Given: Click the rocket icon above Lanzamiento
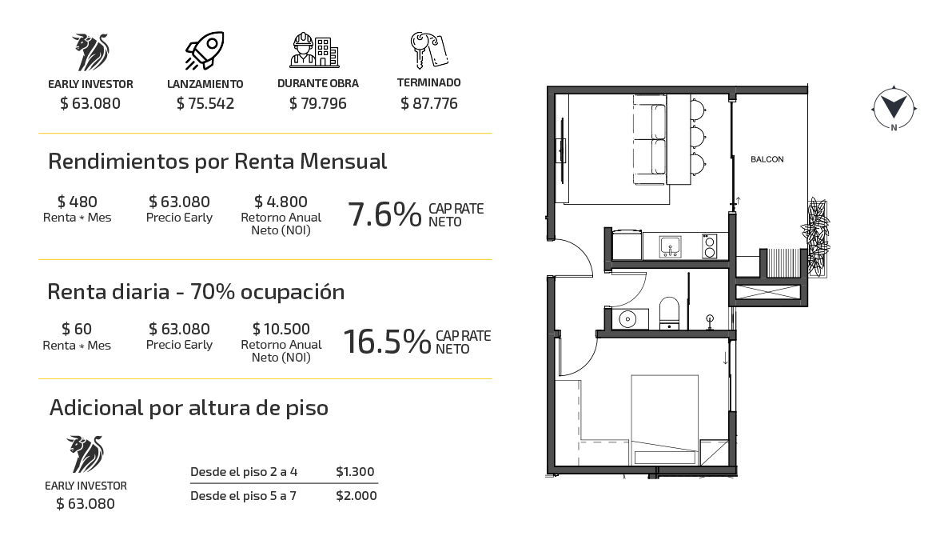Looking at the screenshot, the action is (205, 51).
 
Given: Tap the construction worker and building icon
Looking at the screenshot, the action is (314, 50).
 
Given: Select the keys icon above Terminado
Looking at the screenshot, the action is (429, 50).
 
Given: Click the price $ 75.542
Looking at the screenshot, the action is (205, 103).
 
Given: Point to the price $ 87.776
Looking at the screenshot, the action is (429, 103).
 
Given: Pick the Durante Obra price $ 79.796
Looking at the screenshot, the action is (318, 103).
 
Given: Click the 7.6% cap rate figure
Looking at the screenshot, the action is (384, 215).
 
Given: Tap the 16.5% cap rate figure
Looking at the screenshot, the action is (387, 342).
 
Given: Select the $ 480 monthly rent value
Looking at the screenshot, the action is (78, 202).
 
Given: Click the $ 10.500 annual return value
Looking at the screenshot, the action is (281, 329).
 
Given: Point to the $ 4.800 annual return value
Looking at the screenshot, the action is (281, 202).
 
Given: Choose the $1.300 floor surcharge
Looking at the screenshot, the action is (356, 472).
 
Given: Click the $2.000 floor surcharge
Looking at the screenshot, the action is (356, 496).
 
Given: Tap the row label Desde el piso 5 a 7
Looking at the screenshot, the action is (244, 496).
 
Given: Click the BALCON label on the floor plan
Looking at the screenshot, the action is (767, 159).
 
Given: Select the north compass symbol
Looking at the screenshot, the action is (894, 108).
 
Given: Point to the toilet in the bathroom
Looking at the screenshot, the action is (669, 312).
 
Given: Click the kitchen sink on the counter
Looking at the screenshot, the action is (671, 246).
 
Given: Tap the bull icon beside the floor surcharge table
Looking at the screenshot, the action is (86, 454).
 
